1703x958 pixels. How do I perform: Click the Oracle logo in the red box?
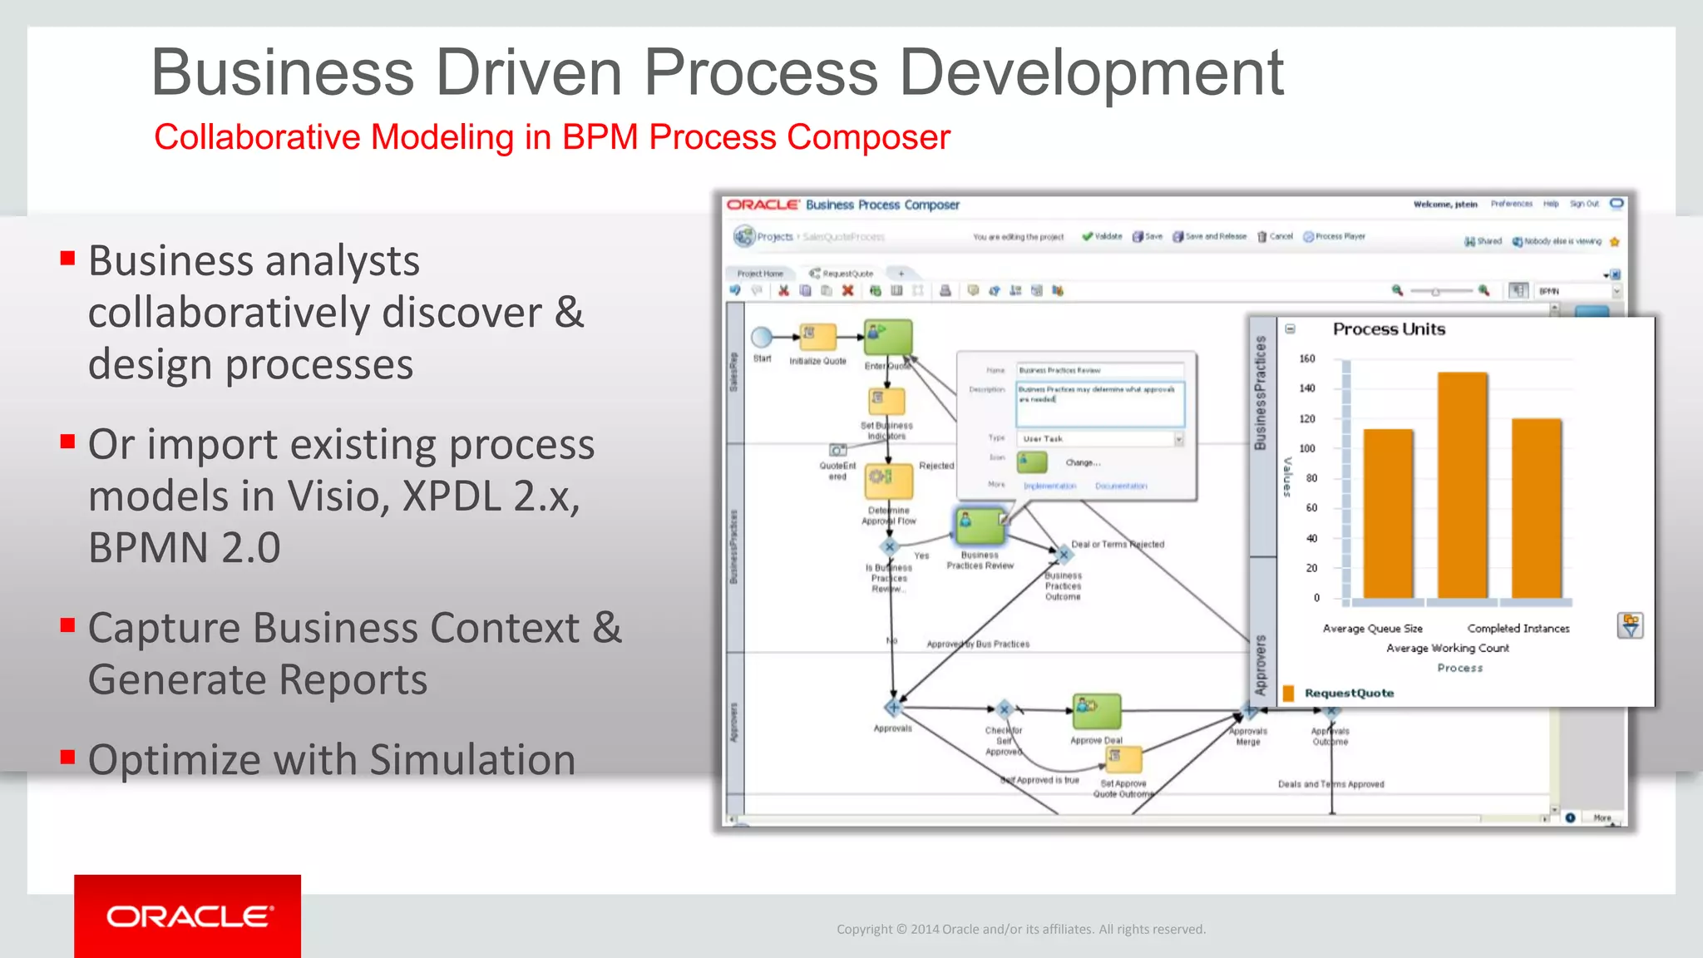(189, 916)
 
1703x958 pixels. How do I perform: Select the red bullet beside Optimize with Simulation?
(68, 758)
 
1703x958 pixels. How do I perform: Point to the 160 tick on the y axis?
(1307, 358)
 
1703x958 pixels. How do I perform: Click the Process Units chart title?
(1389, 329)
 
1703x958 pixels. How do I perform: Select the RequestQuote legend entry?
(1348, 693)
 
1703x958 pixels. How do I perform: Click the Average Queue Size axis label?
(1372, 629)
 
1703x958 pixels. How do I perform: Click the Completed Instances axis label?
(1518, 629)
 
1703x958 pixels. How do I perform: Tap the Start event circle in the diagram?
(762, 337)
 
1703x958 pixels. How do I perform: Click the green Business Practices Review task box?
(980, 526)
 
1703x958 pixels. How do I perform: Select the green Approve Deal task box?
(1096, 712)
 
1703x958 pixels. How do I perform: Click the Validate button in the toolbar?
(1103, 236)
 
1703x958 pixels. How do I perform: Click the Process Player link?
(1339, 236)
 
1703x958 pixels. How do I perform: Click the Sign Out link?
(1584, 204)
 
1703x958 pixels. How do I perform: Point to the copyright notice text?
(1020, 929)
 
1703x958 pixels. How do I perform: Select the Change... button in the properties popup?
(1083, 462)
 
